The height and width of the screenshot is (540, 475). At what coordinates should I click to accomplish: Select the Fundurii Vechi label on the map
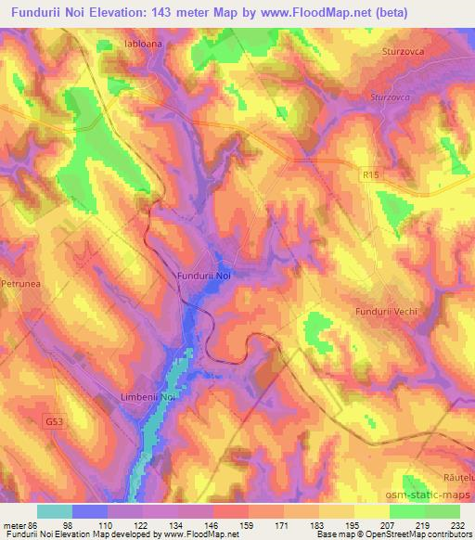pos(382,313)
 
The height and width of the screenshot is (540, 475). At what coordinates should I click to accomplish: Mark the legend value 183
pos(317,524)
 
